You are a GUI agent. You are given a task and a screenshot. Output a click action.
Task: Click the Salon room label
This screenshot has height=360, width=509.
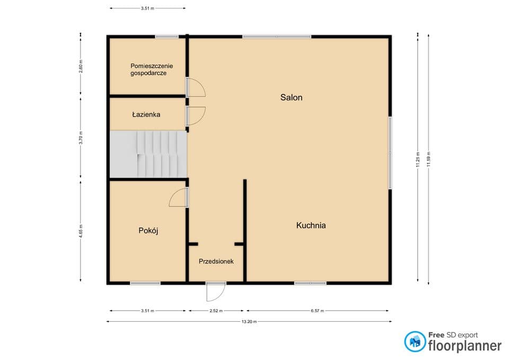coord(291,98)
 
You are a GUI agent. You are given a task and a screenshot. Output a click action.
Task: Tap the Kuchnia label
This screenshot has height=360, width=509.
coord(311,225)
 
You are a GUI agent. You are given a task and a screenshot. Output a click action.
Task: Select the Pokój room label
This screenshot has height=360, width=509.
coord(148,231)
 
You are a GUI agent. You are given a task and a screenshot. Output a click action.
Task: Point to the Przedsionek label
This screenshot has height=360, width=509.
coord(216,261)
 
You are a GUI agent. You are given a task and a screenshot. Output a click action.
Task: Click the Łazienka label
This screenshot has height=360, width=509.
coord(146,115)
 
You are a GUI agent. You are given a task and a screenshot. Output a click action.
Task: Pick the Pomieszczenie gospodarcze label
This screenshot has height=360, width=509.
coord(151,69)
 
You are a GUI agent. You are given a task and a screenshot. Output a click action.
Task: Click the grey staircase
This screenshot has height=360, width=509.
coord(148,154)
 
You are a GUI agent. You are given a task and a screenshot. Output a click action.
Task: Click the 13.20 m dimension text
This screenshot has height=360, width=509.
coord(249,322)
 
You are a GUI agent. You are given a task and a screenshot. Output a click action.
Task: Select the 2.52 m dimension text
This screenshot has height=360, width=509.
coord(216,311)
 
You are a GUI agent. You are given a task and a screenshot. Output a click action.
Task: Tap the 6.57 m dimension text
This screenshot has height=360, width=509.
coord(318,311)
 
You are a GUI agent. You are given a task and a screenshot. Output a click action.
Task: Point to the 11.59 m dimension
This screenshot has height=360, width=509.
coord(428,160)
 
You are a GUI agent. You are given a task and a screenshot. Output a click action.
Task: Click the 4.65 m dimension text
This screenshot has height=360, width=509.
coord(81,231)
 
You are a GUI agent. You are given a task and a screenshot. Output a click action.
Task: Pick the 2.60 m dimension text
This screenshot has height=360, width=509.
coord(81,66)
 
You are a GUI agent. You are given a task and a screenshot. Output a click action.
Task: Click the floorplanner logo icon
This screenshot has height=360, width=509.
coord(415,341)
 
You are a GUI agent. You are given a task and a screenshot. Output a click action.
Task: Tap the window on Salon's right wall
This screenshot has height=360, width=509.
coord(390,153)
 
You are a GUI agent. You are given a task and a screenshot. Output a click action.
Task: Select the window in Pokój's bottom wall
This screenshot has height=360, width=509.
coord(145,284)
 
